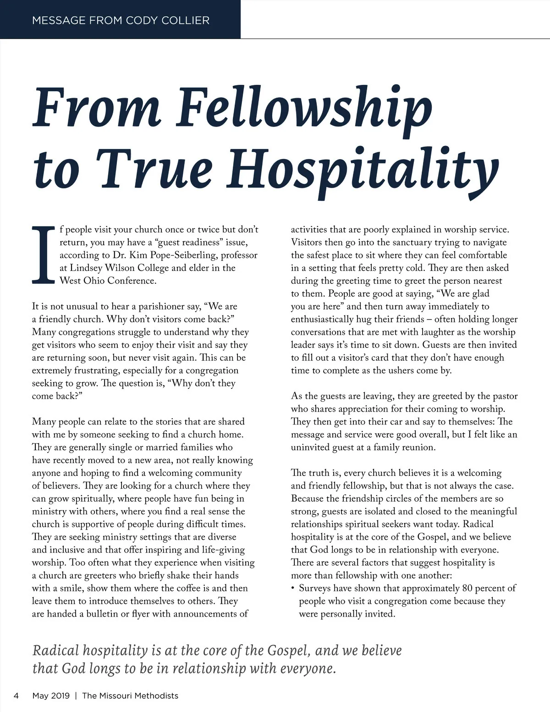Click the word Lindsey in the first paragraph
87,268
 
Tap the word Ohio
93,281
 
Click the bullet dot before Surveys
293,588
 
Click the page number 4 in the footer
16,695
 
